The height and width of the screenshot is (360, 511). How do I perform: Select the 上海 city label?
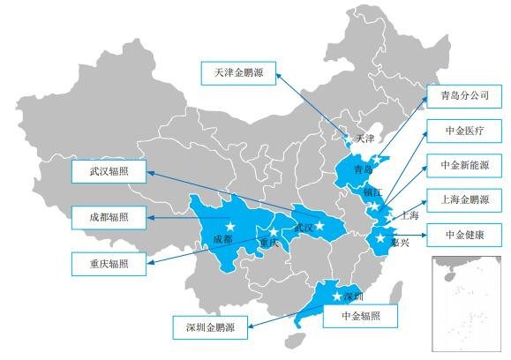410,214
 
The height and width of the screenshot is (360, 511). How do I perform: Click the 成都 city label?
223,239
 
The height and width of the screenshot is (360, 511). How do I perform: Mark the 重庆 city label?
269,243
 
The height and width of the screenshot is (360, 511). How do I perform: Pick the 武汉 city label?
304,228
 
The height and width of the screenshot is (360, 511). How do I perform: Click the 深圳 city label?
352,295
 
